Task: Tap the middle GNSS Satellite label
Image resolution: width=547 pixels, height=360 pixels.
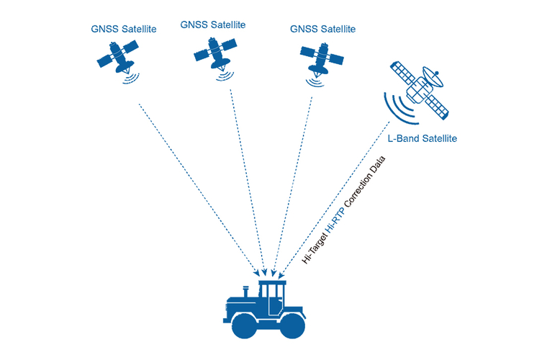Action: pyautogui.click(x=213, y=24)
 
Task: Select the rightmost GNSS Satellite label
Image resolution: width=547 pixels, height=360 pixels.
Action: pyautogui.click(x=322, y=29)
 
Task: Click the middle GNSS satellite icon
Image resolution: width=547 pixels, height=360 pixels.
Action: pyautogui.click(x=212, y=53)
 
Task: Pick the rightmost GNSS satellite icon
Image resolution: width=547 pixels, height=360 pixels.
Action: pyautogui.click(x=318, y=58)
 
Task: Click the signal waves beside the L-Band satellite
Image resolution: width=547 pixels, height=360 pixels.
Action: pyautogui.click(x=397, y=106)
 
